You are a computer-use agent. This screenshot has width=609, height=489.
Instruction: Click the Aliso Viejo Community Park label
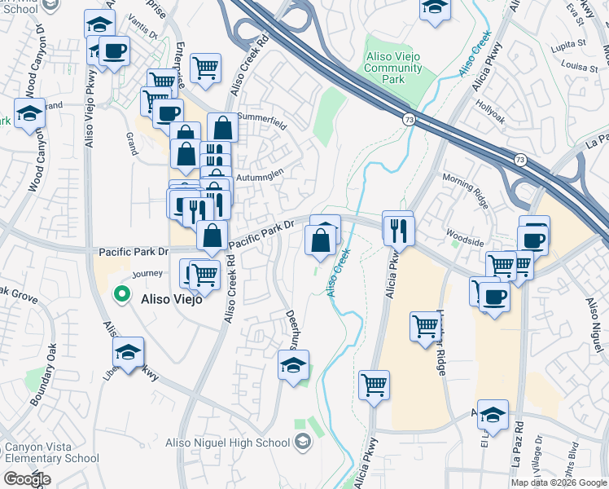coord(393,69)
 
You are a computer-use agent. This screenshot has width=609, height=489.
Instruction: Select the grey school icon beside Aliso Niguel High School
coord(304,443)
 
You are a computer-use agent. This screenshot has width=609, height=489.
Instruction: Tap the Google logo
coord(27,479)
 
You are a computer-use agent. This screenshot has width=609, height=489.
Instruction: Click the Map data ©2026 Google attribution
coord(559,482)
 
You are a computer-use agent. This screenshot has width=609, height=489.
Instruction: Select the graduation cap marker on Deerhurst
coord(294,363)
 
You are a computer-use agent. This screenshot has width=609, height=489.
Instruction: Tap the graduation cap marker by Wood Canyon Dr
coord(30,113)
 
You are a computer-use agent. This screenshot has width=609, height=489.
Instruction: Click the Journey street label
coord(147,274)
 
